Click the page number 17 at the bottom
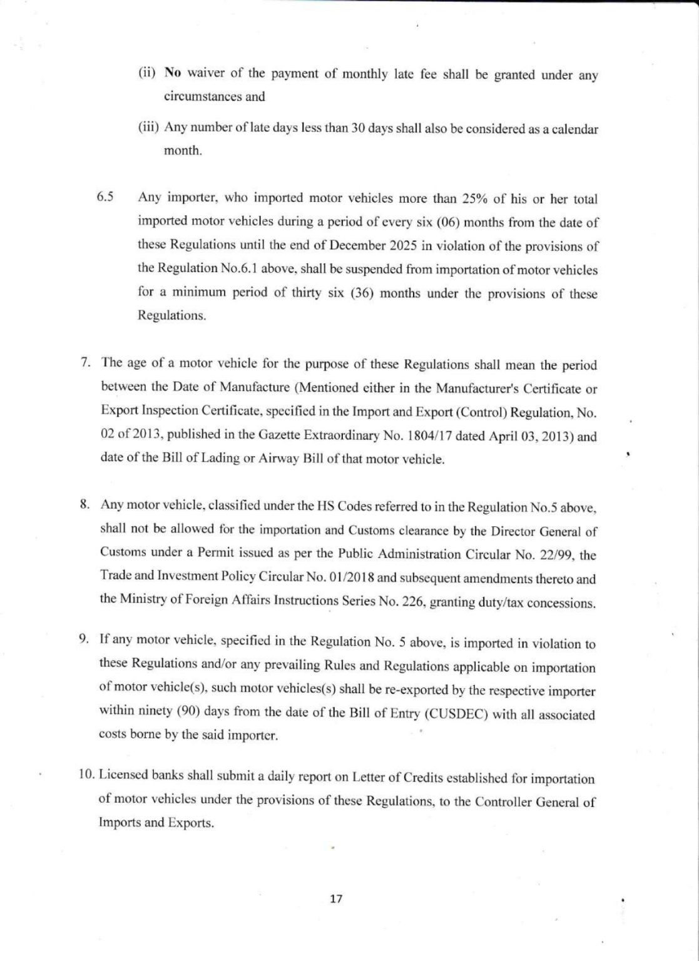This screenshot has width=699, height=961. (336, 899)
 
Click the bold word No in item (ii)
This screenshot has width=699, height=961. (172, 73)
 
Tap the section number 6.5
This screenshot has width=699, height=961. (105, 197)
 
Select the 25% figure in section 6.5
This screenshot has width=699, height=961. (479, 199)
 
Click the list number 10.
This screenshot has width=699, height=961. (87, 776)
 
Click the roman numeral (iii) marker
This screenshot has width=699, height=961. (149, 128)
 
